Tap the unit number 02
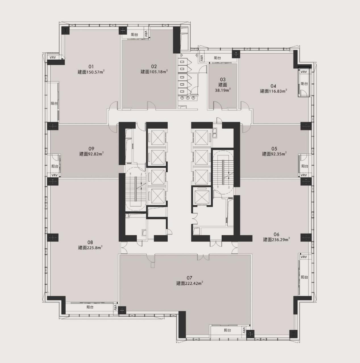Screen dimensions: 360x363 [x=154, y=66]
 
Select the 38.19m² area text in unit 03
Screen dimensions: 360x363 [x=223, y=90]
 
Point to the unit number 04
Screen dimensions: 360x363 [x=273, y=86]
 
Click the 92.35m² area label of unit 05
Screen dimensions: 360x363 [x=278, y=154]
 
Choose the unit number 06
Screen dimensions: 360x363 [x=276, y=234]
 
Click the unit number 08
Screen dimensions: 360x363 [x=90, y=242]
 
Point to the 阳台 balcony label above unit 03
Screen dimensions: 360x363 [x=217, y=58]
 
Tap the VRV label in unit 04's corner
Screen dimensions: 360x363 [x=304, y=72]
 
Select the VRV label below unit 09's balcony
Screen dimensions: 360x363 [x=55, y=175]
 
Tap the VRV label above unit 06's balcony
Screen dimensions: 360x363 [x=304, y=257]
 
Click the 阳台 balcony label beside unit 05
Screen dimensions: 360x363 [x=305, y=166]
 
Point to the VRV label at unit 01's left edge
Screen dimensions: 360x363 [x=53, y=57]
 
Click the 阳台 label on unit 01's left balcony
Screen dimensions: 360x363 [x=54, y=103]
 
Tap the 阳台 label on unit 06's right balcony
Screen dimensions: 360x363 [x=305, y=277]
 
